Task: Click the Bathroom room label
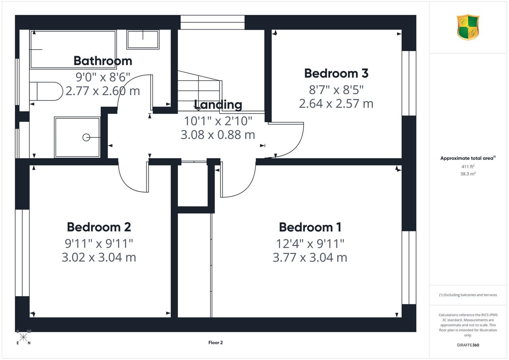pyautogui.click(x=103, y=61)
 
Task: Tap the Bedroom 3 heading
pyautogui.click(x=336, y=73)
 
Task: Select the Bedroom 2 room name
pyautogui.click(x=99, y=227)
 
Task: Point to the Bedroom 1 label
pyautogui.click(x=310, y=227)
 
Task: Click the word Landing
pyautogui.click(x=218, y=105)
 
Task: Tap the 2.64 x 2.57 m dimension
pyautogui.click(x=336, y=104)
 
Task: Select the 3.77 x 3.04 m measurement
pyautogui.click(x=310, y=258)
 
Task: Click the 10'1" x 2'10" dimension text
pyautogui.click(x=218, y=121)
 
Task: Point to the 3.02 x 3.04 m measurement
pyautogui.click(x=99, y=258)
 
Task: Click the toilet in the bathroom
pyautogui.click(x=46, y=91)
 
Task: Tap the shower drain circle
pyautogui.click(x=86, y=137)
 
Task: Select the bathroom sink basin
pyautogui.click(x=143, y=40)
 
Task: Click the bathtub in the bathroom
pyautogui.click(x=73, y=49)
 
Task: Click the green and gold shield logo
pyautogui.click(x=468, y=27)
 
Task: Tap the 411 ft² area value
pyautogui.click(x=468, y=166)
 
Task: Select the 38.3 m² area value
pyautogui.click(x=468, y=174)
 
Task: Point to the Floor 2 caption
pyautogui.click(x=215, y=342)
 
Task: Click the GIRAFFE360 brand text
pyautogui.click(x=468, y=345)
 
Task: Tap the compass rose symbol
pyautogui.click(x=23, y=337)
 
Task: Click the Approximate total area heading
pyautogui.click(x=468, y=158)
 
